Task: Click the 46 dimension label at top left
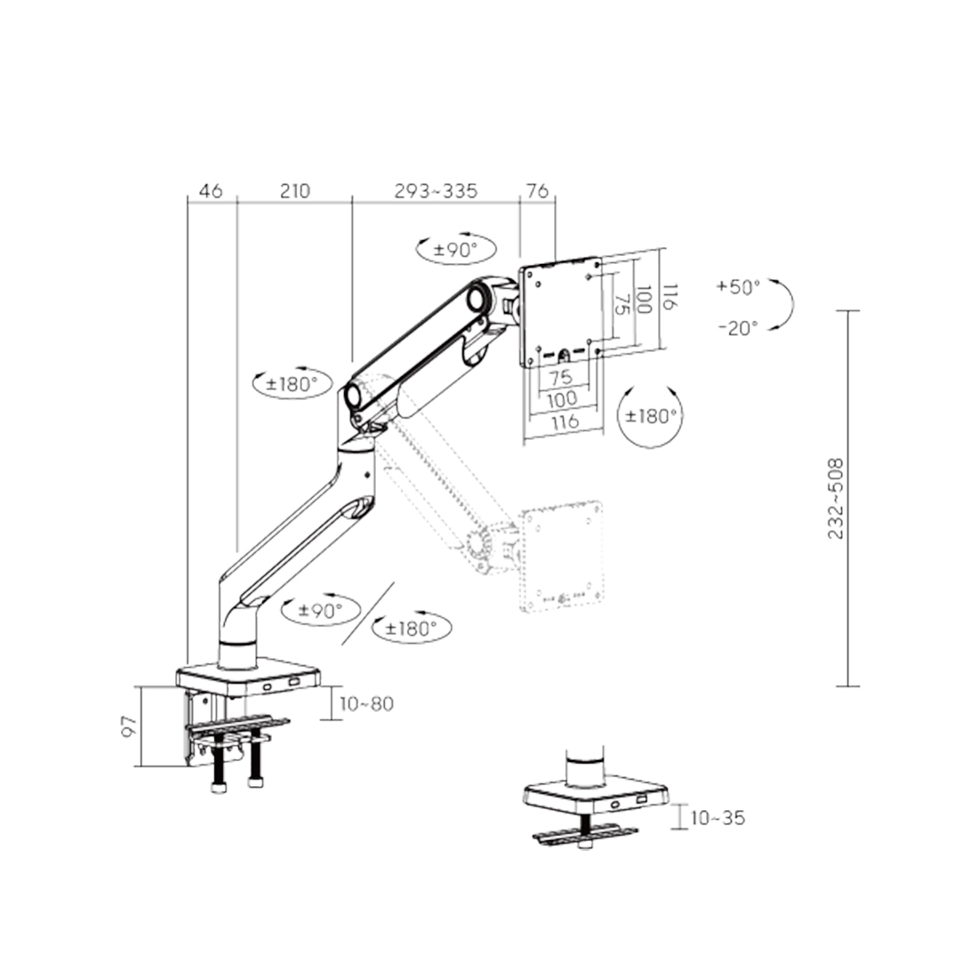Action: [211, 190]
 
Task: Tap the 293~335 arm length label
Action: [436, 190]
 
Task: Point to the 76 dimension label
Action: [537, 190]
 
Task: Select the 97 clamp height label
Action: [129, 726]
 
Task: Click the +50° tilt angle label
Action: [738, 287]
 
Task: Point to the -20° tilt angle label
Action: [738, 327]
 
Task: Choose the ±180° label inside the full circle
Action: [651, 415]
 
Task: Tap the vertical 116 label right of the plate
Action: [670, 298]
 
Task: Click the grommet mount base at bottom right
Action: [596, 793]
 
